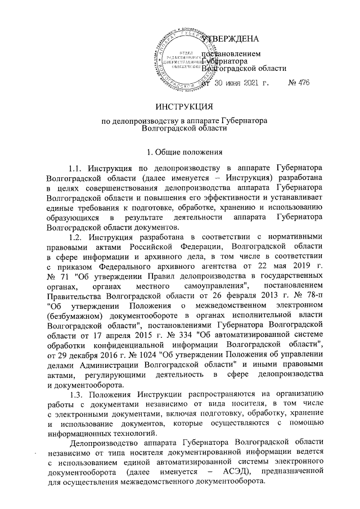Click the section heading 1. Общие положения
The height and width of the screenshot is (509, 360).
pos(179,151)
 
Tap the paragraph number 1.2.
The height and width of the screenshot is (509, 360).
pos(75,237)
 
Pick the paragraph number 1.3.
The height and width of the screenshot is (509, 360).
pos(75,393)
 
